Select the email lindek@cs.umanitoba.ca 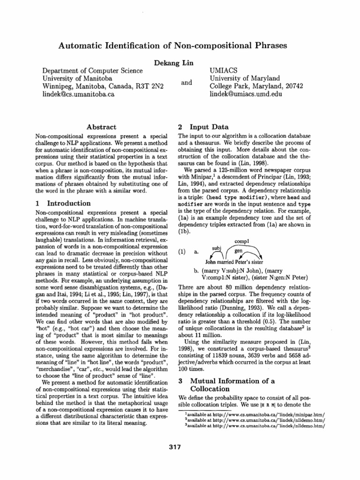click(x=79, y=95)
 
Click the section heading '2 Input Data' click(x=203, y=127)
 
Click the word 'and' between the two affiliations click(x=187, y=82)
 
